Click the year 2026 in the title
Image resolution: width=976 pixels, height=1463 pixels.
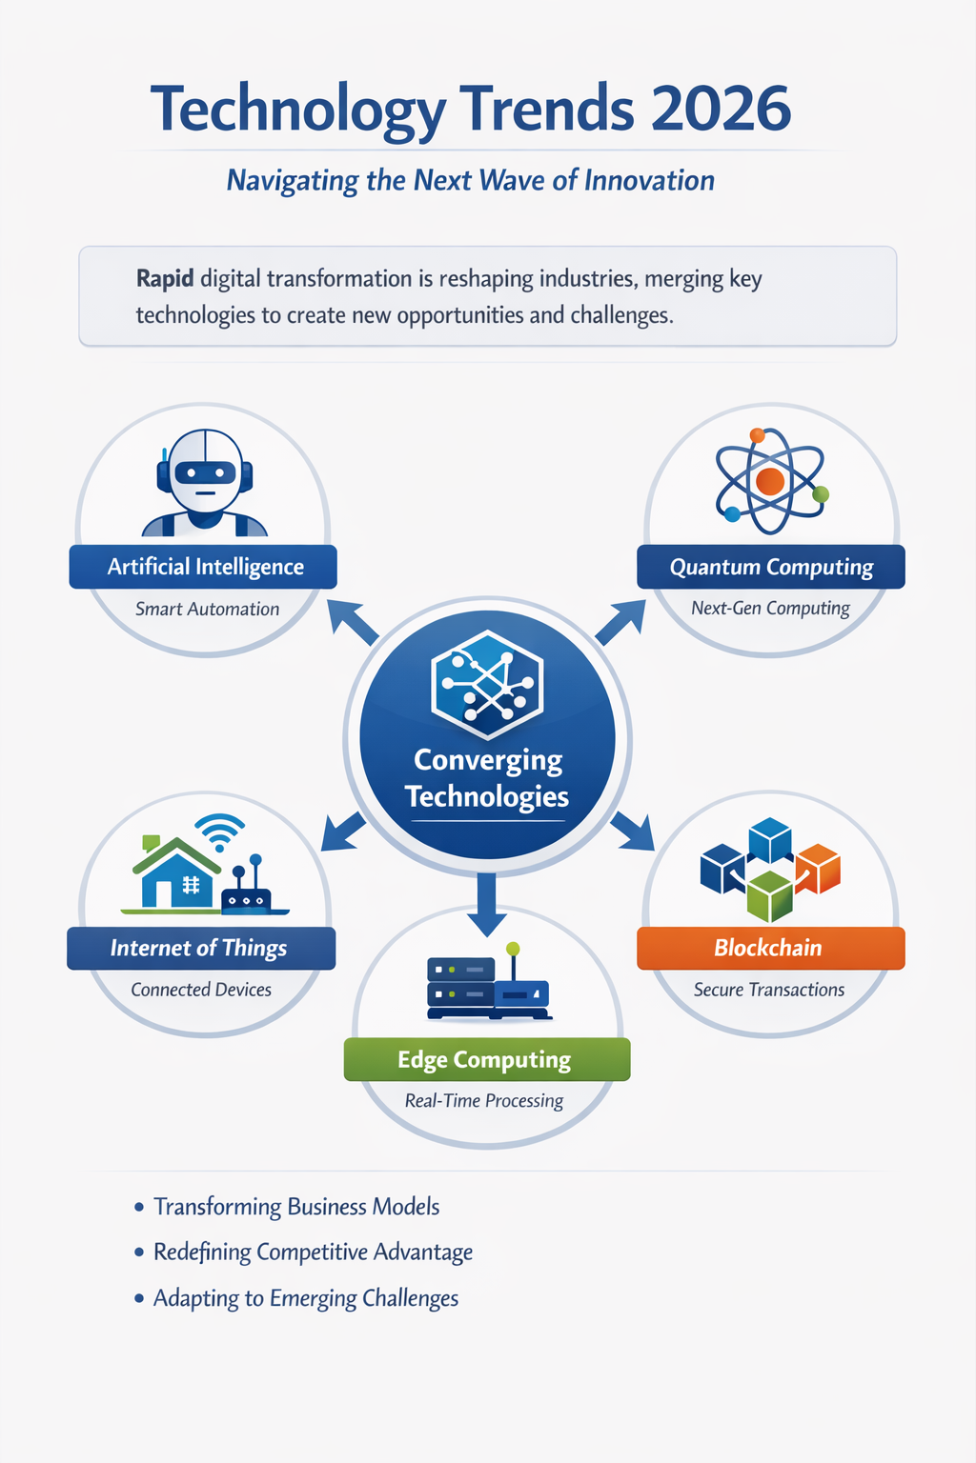(x=721, y=109)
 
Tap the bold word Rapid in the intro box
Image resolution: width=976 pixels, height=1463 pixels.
(x=165, y=279)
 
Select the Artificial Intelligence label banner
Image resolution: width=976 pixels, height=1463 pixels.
(x=203, y=567)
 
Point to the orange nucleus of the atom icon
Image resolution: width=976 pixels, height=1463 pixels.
(x=769, y=481)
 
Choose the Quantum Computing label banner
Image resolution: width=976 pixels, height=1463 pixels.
(x=771, y=567)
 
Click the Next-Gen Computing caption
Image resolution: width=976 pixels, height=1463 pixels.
(x=770, y=608)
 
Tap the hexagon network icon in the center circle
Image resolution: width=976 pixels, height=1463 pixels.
(x=487, y=685)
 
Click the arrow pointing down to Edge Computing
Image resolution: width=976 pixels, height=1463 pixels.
(x=486, y=905)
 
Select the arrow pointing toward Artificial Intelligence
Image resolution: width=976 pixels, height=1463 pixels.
(x=353, y=622)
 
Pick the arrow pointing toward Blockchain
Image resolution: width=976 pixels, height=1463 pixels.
(x=633, y=831)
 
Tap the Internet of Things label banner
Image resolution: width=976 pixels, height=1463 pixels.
(x=201, y=948)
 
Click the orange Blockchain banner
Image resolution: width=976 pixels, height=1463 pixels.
(x=771, y=948)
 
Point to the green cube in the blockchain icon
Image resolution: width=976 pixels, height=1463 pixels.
(x=769, y=896)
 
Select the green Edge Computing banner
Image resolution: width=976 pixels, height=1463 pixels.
(x=487, y=1059)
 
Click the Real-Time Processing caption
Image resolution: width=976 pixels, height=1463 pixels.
(x=484, y=1101)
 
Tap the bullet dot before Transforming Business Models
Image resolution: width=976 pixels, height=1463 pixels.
(x=138, y=1207)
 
